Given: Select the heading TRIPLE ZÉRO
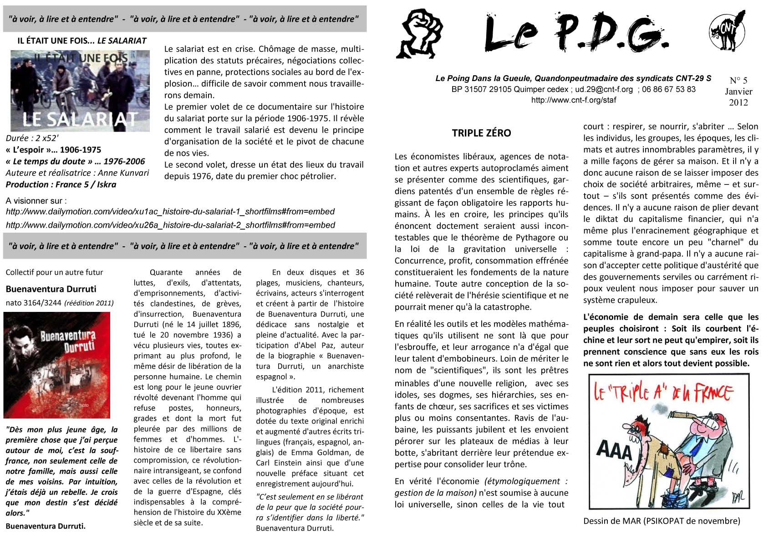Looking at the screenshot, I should point(481,133).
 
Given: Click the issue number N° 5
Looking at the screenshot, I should point(738,81).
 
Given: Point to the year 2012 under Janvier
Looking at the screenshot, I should point(738,102).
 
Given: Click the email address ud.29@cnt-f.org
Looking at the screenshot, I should point(604,89).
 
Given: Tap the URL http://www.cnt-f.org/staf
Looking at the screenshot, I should point(573,100).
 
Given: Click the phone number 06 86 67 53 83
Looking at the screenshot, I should point(668,89).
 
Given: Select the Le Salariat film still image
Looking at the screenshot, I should point(80,91).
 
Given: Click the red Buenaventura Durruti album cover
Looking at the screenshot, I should point(57,365).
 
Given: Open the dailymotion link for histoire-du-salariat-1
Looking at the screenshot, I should point(170,212).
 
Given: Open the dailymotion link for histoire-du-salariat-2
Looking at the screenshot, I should point(170,225).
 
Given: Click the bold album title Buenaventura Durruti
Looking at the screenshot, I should point(51,289).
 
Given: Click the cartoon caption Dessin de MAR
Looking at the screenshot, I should point(662,521).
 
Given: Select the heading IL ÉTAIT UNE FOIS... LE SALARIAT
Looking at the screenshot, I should point(82,41).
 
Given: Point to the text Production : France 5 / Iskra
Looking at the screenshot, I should point(61,184).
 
